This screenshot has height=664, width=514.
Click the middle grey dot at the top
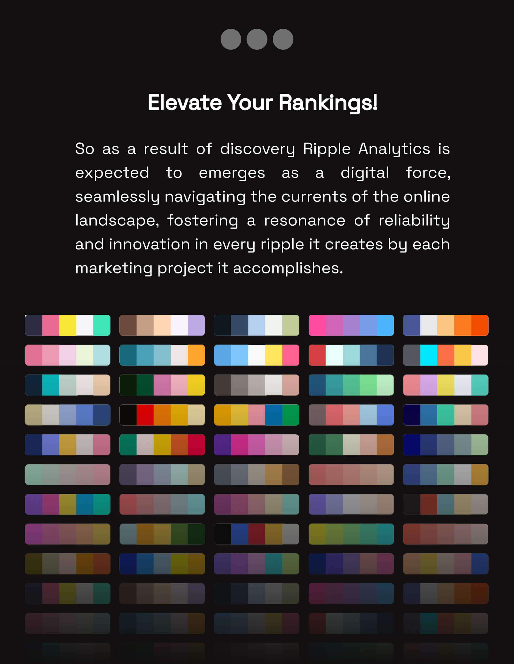point(257,39)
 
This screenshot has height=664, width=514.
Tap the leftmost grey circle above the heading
point(231,39)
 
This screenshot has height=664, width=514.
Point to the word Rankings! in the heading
point(328,103)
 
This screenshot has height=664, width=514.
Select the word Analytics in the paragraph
point(394,149)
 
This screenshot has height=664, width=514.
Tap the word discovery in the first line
point(257,149)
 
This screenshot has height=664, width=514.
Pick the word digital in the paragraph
point(365,173)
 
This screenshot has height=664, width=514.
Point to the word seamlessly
point(117,197)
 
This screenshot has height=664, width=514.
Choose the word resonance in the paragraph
point(305,221)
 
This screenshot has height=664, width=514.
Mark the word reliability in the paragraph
point(414,221)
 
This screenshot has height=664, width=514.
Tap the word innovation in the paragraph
point(149,244)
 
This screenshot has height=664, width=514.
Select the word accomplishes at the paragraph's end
point(288,268)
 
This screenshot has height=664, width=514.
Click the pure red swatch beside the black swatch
point(145,415)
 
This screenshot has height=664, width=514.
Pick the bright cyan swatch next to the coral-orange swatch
point(429,355)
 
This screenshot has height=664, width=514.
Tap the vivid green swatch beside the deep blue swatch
point(291,415)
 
